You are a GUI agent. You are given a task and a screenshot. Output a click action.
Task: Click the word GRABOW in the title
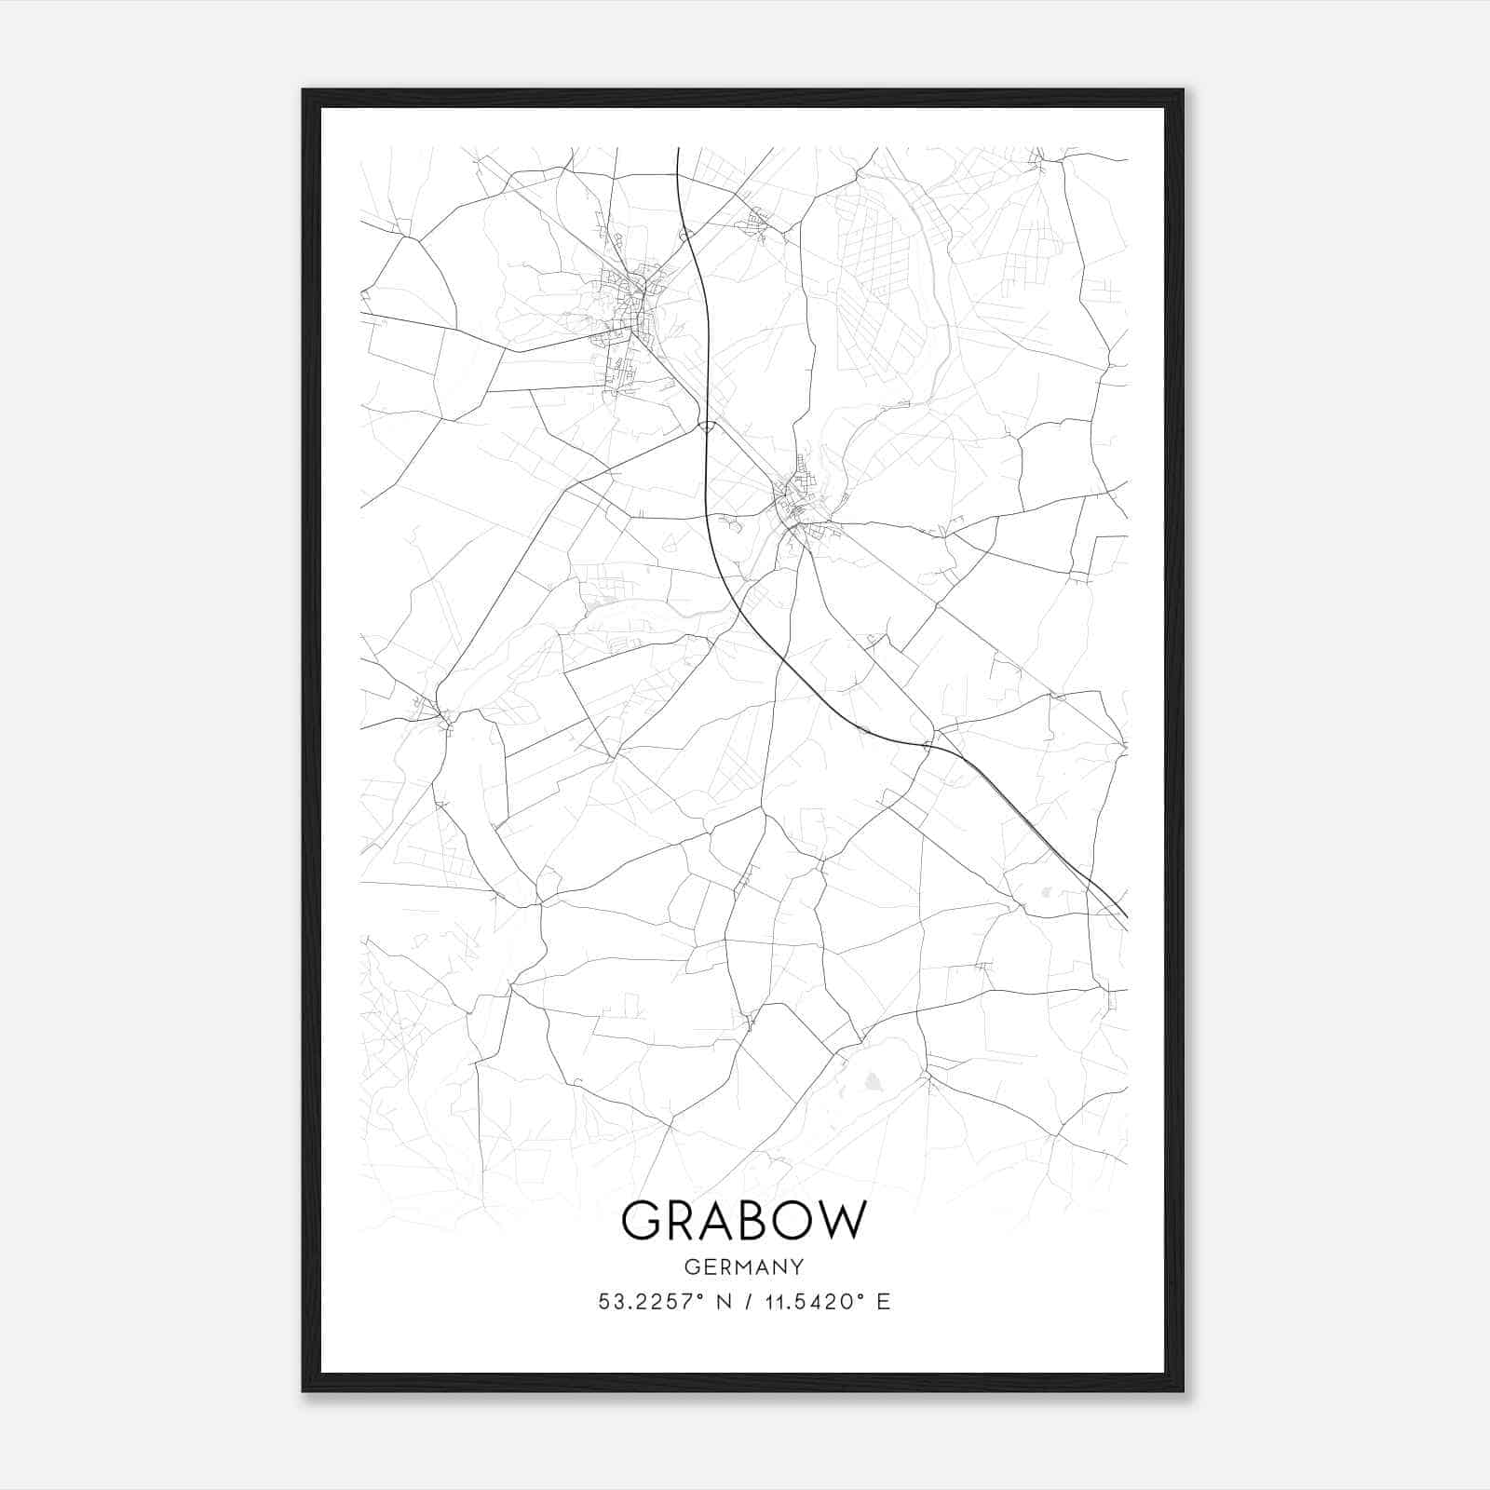tap(743, 1221)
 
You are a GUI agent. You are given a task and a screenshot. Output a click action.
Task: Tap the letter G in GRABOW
tap(642, 1221)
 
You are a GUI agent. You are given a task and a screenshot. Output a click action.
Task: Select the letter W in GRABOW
tap(842, 1221)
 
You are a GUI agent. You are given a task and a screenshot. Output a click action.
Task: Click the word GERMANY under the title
tap(743, 1267)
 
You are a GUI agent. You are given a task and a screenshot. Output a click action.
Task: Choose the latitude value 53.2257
tap(646, 1302)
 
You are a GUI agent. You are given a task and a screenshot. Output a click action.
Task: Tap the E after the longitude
tap(883, 1302)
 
